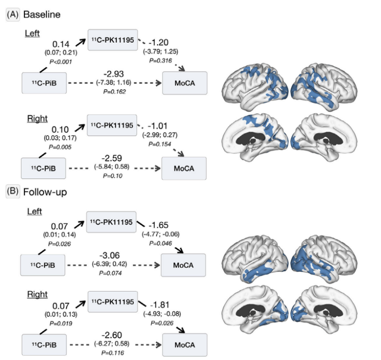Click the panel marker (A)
point(13,14)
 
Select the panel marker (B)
point(13,192)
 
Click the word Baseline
point(42,14)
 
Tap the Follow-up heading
point(45,192)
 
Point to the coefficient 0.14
point(61,44)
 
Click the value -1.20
point(158,42)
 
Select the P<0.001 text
point(61,62)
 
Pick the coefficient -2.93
point(114,74)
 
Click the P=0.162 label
point(114,92)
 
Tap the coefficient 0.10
point(60,130)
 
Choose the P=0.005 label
point(60,147)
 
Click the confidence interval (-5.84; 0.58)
point(112,167)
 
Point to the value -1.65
point(158,225)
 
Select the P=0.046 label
point(161,243)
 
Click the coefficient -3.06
point(110,255)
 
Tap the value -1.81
point(160,305)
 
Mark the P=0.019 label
point(61,324)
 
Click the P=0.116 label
point(113,353)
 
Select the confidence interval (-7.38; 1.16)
point(114,83)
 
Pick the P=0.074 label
point(110,273)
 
